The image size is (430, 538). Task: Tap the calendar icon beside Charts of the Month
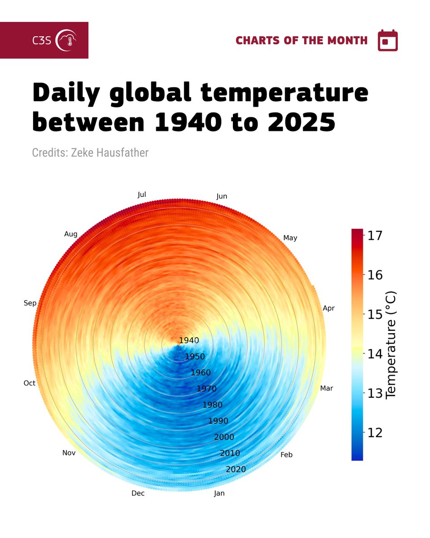pos(387,41)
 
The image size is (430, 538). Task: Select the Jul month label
pos(142,195)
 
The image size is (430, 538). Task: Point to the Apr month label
pos(329,308)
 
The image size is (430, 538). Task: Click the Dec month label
pos(138,493)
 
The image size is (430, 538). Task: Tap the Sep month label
pos(30,303)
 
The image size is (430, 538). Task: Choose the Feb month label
pos(286,455)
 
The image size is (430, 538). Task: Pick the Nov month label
pos(69,453)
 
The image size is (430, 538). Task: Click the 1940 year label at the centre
pos(189,340)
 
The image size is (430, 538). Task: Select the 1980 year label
pos(212,405)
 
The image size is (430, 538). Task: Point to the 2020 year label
pos(236,469)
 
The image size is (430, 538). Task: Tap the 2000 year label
pos(224,437)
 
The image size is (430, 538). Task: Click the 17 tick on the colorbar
pos(374,235)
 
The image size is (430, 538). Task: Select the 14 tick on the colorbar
pos(374,354)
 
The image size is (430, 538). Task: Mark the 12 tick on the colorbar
pos(374,433)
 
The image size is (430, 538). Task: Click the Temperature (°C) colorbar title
pos(391,344)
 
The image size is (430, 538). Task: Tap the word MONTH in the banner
pos(348,40)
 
